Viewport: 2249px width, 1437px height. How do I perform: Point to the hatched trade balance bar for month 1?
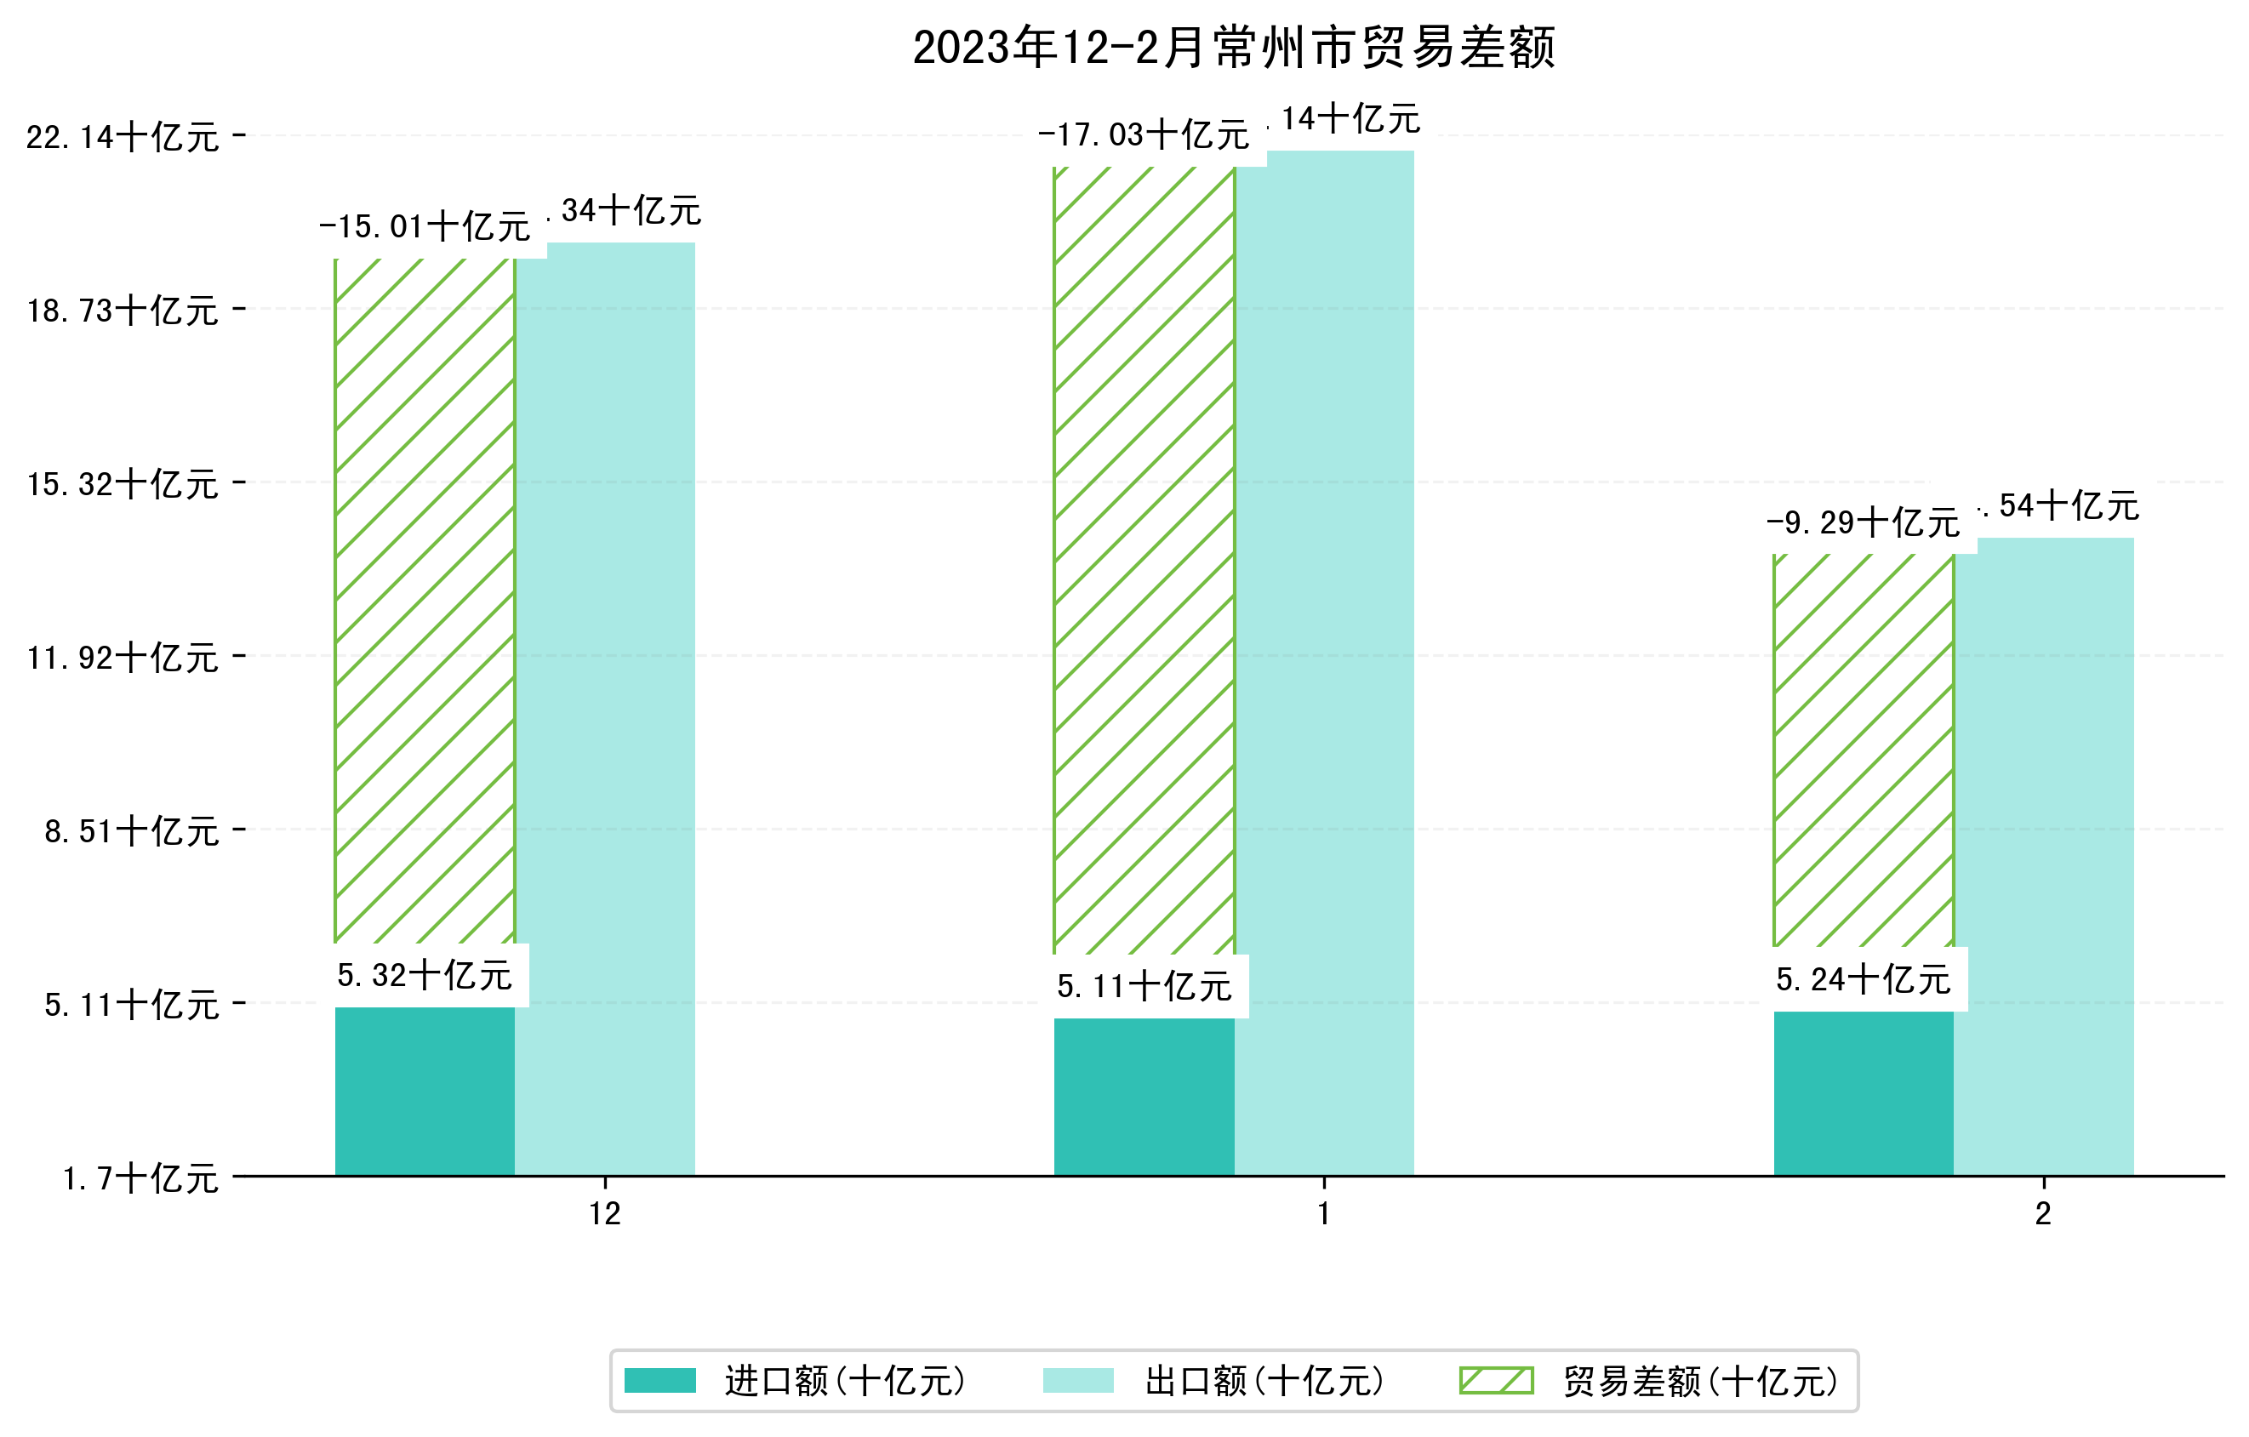point(1144,560)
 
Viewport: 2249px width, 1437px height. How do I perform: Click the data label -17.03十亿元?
point(1143,135)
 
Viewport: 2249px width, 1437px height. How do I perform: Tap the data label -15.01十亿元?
point(424,227)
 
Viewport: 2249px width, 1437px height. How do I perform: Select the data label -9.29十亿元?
point(1863,523)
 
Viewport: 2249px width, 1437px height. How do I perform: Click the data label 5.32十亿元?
point(424,976)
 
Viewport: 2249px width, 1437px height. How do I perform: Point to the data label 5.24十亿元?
point(1863,979)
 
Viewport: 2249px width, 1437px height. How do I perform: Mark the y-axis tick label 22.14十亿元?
point(123,137)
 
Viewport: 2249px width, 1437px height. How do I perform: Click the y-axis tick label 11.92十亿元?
point(123,659)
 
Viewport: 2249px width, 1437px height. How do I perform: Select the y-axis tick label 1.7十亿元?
point(140,1178)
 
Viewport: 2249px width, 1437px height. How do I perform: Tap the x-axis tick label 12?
point(604,1214)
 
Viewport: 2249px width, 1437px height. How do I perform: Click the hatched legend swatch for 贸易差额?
point(1496,1380)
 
